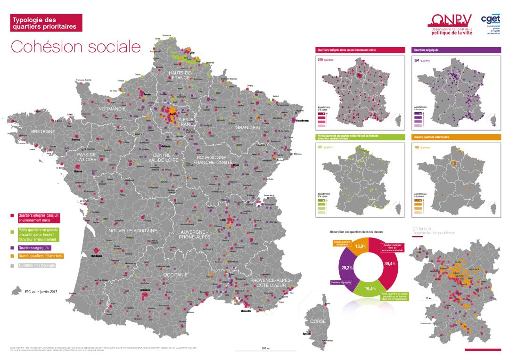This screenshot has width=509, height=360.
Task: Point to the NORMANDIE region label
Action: click(x=112, y=109)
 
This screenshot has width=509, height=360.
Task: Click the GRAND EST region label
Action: click(x=248, y=128)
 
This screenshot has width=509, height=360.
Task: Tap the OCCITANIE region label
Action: click(x=175, y=275)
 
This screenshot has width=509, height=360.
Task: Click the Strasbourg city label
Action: click(x=302, y=121)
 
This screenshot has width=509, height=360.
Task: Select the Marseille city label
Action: click(x=246, y=311)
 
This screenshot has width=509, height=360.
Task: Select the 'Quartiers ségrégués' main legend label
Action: click(x=34, y=247)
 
